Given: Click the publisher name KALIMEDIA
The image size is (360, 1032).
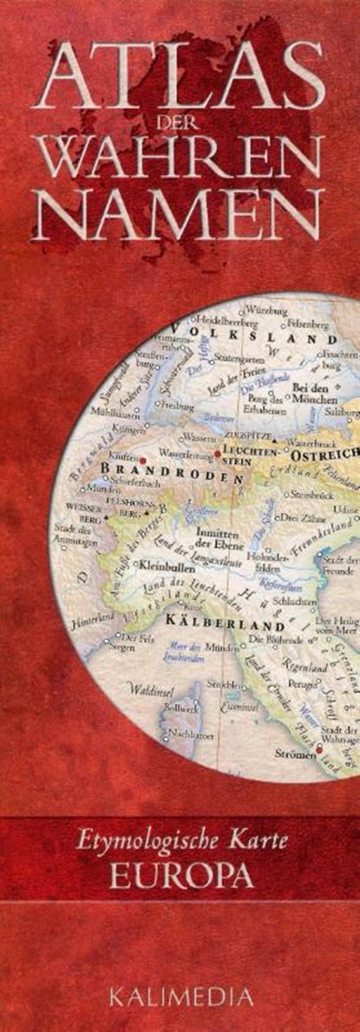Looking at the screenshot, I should coord(180,998).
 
